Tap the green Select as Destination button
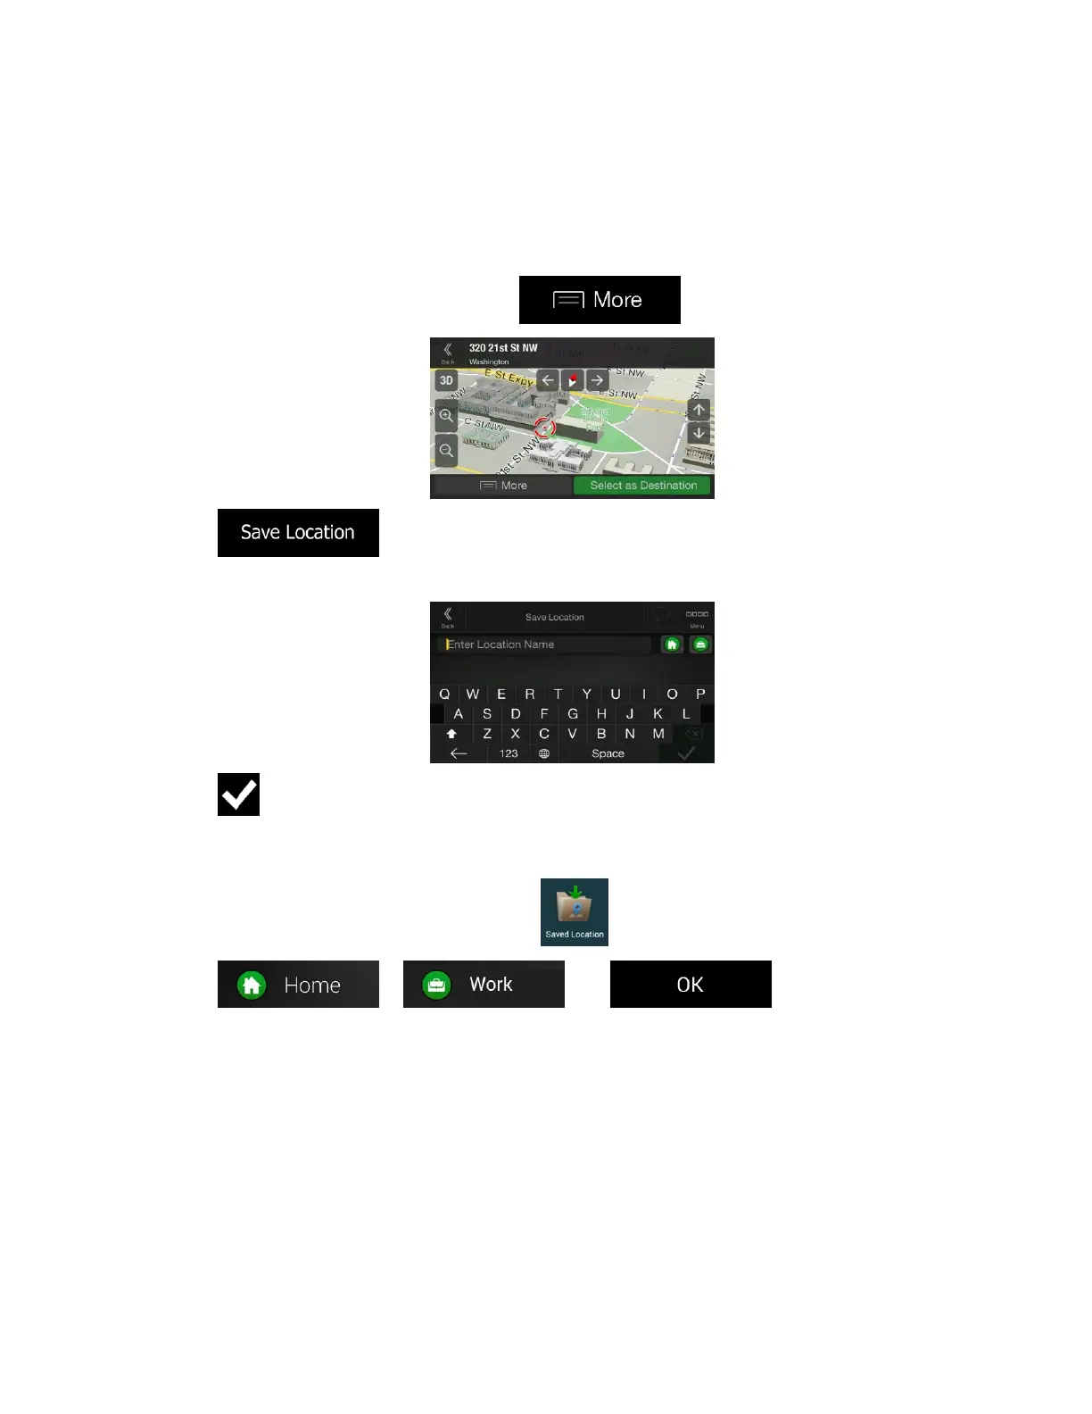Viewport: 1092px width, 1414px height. [x=642, y=486]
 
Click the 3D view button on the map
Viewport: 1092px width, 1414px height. [x=446, y=380]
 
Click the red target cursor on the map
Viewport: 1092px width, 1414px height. [x=544, y=428]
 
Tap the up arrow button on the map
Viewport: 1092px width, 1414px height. [x=699, y=410]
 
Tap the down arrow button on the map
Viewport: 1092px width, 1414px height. [x=699, y=434]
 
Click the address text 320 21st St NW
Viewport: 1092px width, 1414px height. [x=503, y=348]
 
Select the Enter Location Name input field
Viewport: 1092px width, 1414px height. [x=546, y=645]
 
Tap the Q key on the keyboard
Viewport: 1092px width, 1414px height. [x=444, y=694]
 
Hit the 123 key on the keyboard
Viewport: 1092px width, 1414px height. [x=509, y=753]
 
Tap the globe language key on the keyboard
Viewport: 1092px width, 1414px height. [x=544, y=753]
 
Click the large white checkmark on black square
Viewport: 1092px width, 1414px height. [x=238, y=794]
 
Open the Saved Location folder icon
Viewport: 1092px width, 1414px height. [x=575, y=911]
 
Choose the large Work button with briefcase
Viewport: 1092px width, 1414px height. [x=484, y=984]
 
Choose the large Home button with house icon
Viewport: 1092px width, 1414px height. [x=298, y=984]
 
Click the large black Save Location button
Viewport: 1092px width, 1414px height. [x=298, y=533]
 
